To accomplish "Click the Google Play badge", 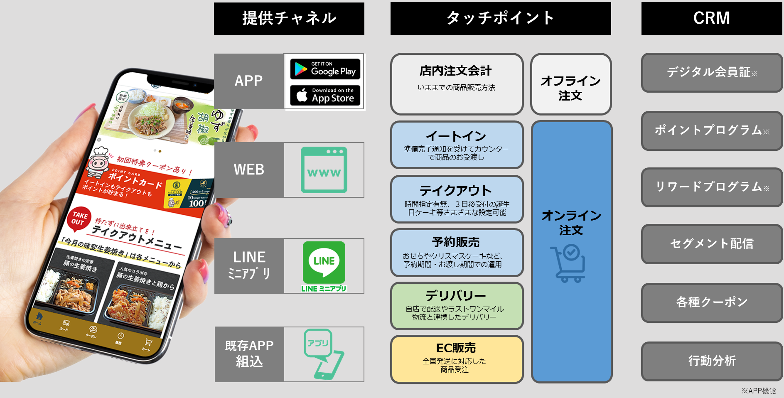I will (325, 69).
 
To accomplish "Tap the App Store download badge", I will (325, 96).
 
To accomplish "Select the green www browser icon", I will (324, 170).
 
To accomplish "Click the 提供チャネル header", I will (289, 19).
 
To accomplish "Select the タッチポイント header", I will (501, 18).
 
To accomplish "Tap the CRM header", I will (711, 18).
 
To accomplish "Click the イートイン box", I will (457, 145).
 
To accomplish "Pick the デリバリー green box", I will (457, 306).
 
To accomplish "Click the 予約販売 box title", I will (456, 242).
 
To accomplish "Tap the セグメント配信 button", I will (712, 244).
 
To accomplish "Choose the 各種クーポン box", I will (712, 302).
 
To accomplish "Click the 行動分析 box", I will (712, 361).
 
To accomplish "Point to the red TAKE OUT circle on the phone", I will (79, 219).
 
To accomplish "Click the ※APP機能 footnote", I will (759, 391).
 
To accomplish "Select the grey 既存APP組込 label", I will (249, 354).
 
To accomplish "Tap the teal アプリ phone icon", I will (323, 354).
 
